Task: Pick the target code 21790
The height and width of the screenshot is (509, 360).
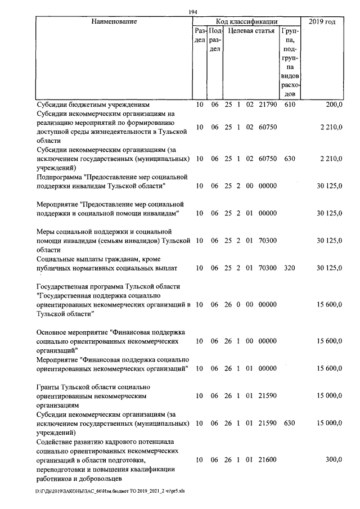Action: point(267,105)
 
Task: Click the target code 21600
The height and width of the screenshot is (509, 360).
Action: point(267,460)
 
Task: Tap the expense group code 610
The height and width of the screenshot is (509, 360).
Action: point(290,105)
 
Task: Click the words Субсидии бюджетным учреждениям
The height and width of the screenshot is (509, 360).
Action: point(92,105)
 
